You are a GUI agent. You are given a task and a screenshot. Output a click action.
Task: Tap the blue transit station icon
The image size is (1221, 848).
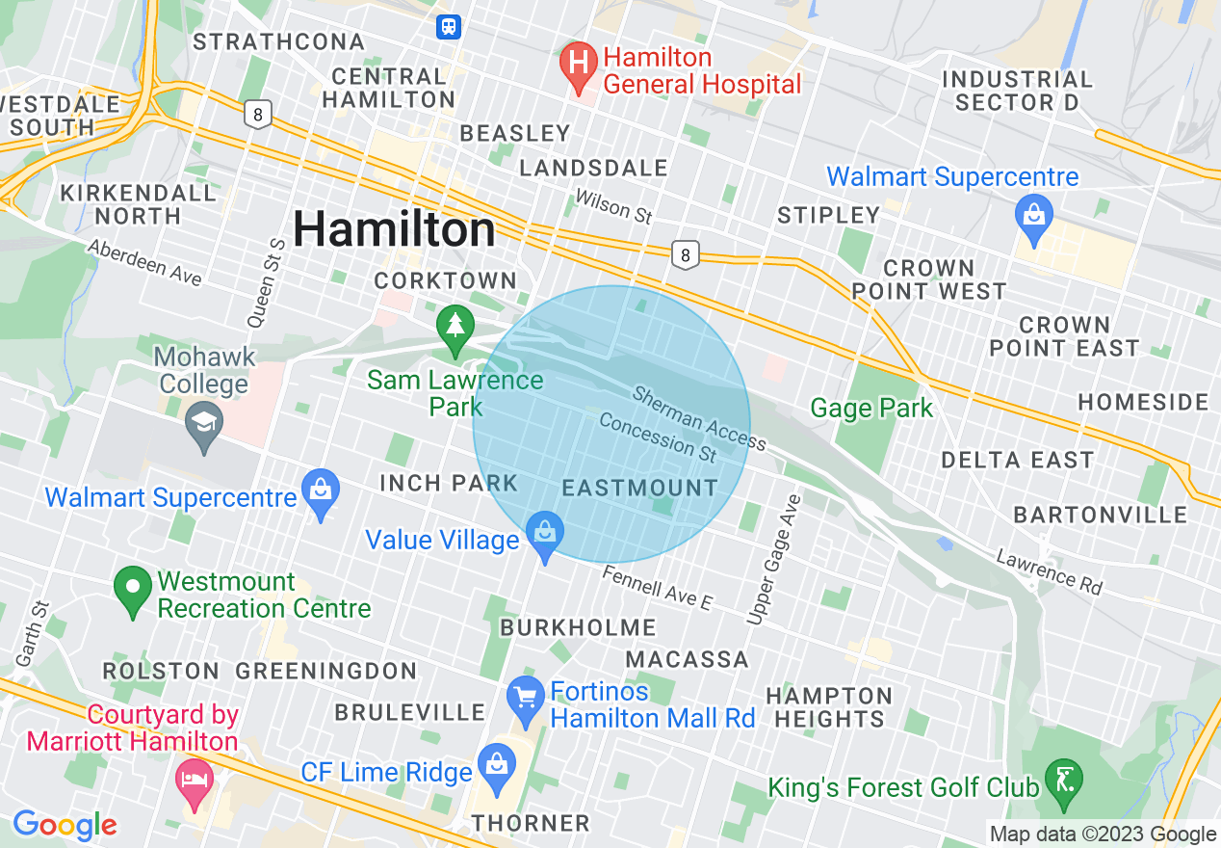(449, 26)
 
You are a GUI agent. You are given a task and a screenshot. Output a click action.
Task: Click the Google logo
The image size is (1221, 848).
(65, 825)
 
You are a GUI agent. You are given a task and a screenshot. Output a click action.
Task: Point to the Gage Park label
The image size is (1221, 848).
(871, 409)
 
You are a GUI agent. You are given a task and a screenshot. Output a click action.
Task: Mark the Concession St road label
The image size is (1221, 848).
(658, 437)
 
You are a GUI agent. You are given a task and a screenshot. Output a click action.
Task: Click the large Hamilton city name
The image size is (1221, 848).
(394, 229)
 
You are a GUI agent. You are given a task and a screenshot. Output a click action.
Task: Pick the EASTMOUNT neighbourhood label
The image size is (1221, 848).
(640, 488)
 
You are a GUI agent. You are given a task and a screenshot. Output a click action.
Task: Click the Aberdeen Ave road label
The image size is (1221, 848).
(144, 262)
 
